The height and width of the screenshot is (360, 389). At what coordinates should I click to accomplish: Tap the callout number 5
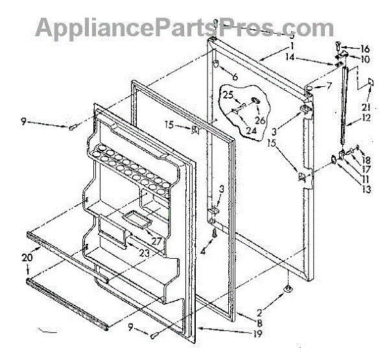292,36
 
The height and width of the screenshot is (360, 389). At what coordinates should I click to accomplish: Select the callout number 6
235,77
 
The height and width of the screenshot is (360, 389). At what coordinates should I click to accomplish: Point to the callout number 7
329,86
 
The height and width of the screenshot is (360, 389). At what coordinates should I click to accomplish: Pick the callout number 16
365,48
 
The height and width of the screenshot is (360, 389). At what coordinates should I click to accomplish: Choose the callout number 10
365,59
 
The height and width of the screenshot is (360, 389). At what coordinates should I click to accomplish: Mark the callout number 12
366,119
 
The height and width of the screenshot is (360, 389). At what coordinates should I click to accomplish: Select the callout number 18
366,160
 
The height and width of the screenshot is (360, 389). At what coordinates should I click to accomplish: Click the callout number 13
366,190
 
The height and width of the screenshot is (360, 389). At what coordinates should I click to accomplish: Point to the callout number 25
228,95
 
